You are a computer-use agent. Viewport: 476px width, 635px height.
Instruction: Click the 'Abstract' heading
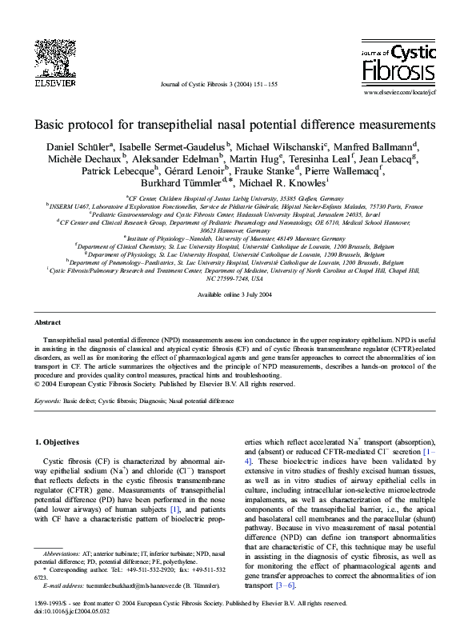[x=49, y=322]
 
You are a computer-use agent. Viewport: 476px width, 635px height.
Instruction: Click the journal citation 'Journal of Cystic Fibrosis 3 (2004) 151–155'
[x=230, y=83]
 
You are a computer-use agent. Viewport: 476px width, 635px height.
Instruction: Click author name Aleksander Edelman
[x=171, y=159]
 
